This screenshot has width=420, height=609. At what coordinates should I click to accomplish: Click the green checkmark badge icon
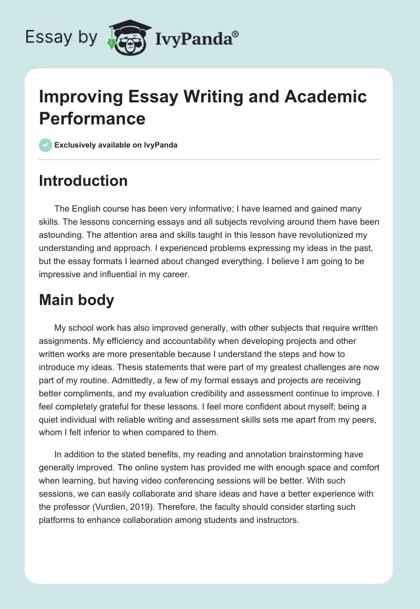click(46, 145)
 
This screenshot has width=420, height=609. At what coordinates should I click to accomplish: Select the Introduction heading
click(83, 181)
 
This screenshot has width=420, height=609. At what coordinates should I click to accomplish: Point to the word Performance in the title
click(92, 118)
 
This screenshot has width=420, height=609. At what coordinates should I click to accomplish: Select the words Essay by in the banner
click(62, 37)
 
